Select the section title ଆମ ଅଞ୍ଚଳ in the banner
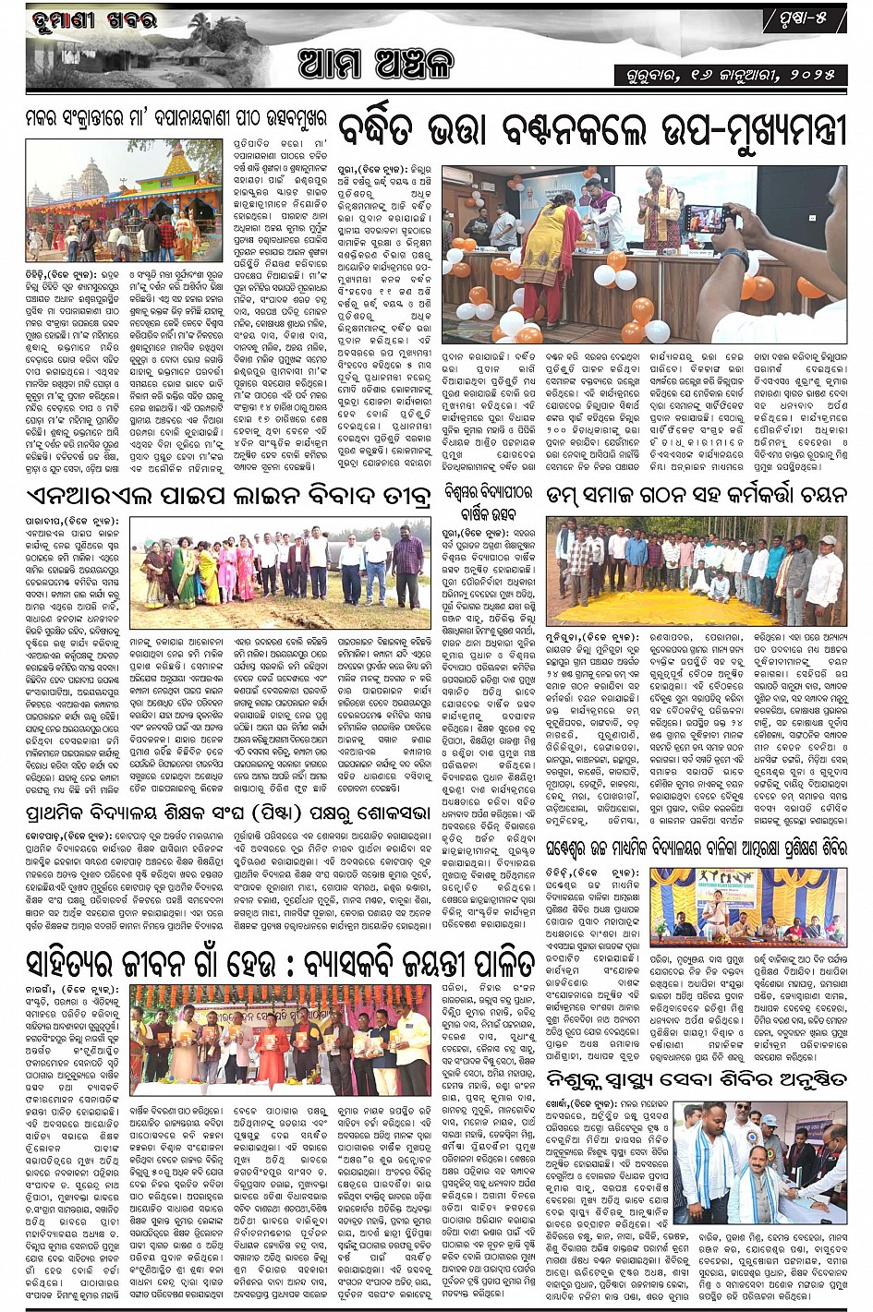point(375,65)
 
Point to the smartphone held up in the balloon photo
point(708,218)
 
